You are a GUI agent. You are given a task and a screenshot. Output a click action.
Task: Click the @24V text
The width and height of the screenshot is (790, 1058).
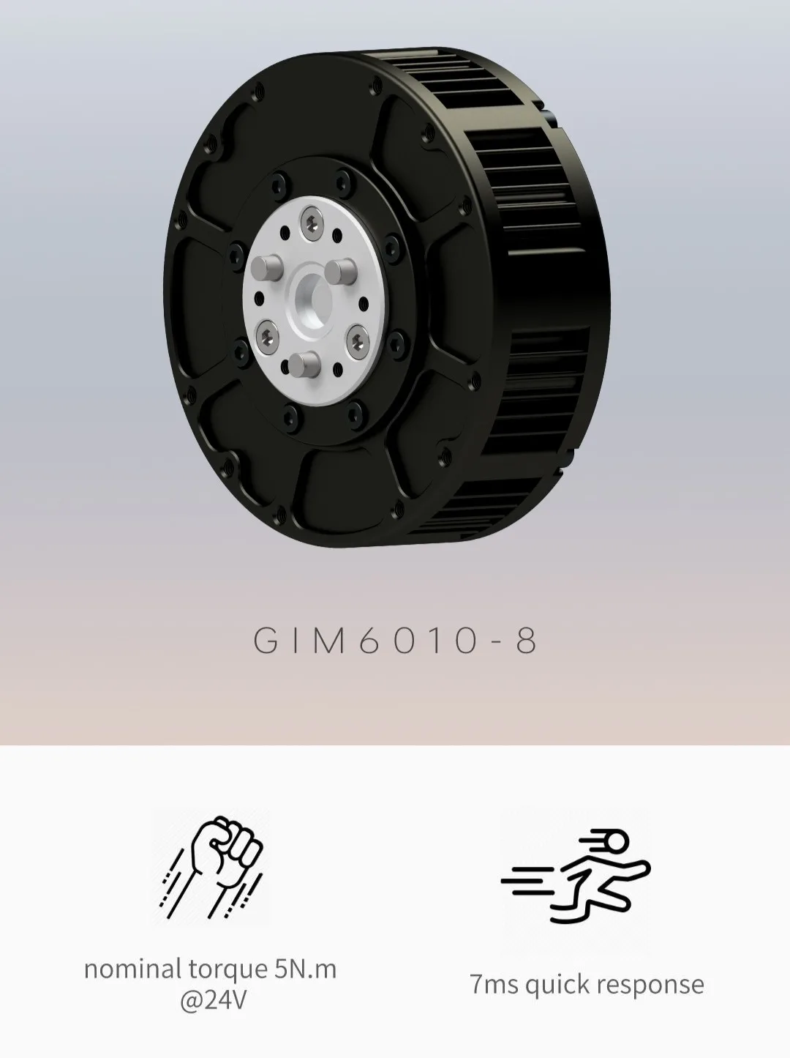coord(212,1000)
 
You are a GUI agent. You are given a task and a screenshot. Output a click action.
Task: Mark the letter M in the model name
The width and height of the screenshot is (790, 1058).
coord(332,641)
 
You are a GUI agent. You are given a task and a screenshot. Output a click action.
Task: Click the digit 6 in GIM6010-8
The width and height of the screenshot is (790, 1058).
coord(372,641)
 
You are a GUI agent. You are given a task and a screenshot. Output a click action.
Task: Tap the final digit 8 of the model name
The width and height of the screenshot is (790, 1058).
coord(526,641)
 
